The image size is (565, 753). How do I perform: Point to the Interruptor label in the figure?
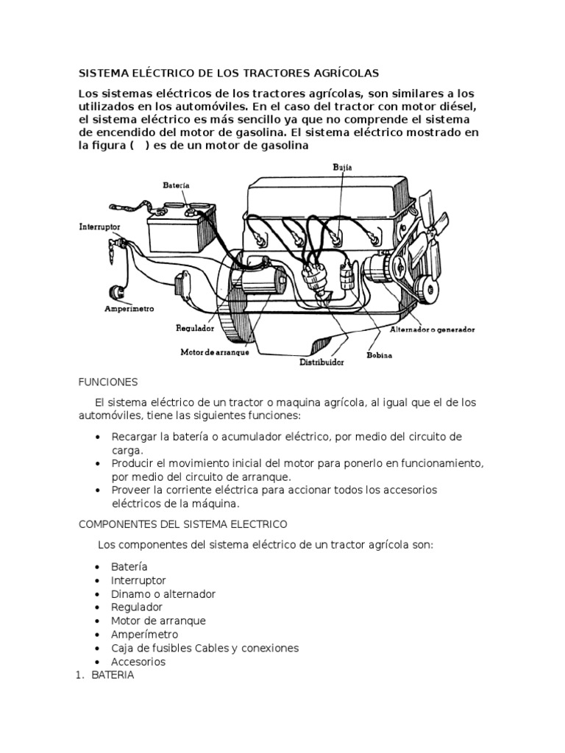[99, 227]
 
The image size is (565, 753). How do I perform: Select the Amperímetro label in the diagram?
[129, 310]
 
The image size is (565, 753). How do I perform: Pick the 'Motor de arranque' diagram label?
[215, 351]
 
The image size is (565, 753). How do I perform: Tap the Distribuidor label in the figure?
[322, 362]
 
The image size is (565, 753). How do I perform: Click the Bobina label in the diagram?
[379, 355]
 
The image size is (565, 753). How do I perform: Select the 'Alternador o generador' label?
[432, 329]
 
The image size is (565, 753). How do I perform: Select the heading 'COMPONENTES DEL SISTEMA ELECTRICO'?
[182, 524]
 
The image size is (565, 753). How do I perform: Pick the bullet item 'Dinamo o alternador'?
[163, 593]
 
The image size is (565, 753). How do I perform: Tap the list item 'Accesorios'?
[138, 661]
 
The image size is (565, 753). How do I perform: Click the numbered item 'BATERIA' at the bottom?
[113, 675]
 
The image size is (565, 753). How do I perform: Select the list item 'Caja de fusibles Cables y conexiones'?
[205, 648]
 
